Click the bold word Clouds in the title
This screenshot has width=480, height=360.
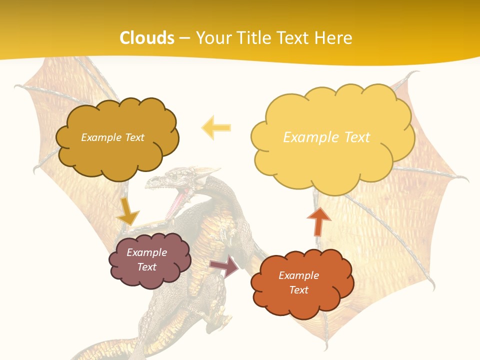click(x=147, y=38)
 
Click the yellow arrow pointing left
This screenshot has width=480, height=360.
click(x=216, y=127)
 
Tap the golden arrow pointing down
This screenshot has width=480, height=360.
click(x=127, y=212)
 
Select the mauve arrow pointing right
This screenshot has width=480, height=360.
click(x=224, y=266)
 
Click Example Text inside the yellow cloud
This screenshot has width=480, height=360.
click(x=326, y=137)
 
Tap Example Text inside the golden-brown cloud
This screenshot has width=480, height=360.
click(x=112, y=137)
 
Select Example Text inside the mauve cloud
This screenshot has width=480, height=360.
click(x=147, y=259)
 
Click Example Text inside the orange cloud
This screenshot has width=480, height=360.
click(x=298, y=282)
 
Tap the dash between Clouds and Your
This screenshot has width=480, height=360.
click(x=184, y=38)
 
